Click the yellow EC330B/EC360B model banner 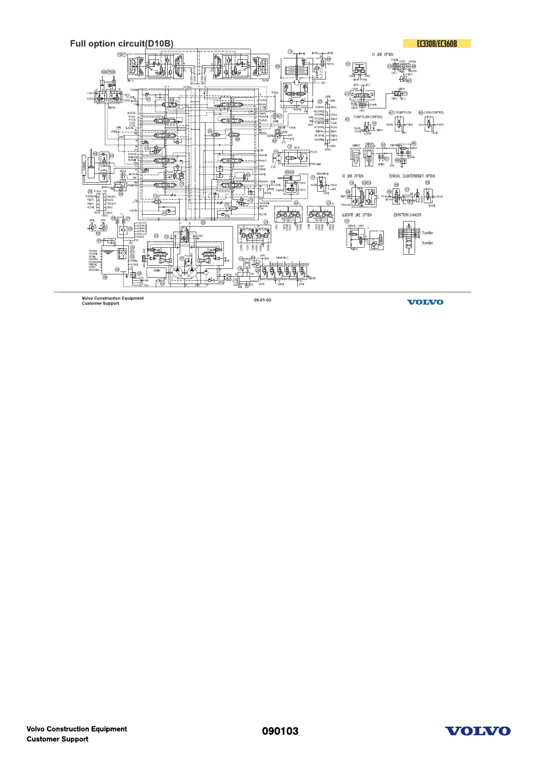pos(437,44)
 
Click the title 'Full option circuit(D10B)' pos(122,44)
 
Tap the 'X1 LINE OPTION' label pos(382,55)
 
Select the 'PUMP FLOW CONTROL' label pos(368,117)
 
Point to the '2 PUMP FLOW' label pos(403,113)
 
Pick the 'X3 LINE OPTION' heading pos(353,176)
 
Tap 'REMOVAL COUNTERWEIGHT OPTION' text pos(412,176)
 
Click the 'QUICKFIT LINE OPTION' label pos(357,215)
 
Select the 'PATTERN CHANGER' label pos(409,215)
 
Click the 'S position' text pos(427,233)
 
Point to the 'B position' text pos(427,243)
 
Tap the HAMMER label pos(356,146)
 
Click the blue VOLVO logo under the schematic pos(425,302)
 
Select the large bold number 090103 pos(280,731)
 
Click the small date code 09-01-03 pos(262,300)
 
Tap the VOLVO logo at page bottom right pos(478,731)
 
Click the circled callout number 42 pos(348,64)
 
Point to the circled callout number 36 pos(105,277)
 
